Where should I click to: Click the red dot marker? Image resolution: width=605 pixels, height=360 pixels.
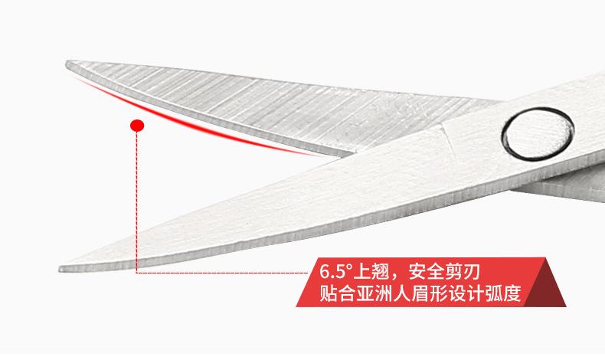coord(137,125)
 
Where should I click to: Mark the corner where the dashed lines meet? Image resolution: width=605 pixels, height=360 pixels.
coord(137,272)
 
